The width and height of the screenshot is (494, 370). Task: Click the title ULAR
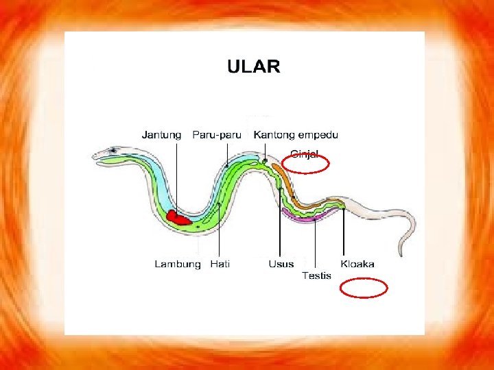pyautogui.click(x=253, y=66)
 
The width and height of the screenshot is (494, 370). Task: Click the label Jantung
pyautogui.click(x=161, y=135)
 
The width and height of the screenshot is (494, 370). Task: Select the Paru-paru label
pyautogui.click(x=217, y=135)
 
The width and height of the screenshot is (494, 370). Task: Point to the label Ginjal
pyautogui.click(x=305, y=154)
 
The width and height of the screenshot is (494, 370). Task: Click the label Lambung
pyautogui.click(x=178, y=264)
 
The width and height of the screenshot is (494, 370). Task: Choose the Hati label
pyautogui.click(x=220, y=264)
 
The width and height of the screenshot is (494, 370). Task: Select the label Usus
pyautogui.click(x=281, y=264)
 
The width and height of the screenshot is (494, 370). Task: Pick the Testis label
pyautogui.click(x=316, y=275)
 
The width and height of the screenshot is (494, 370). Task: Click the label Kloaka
pyautogui.click(x=357, y=264)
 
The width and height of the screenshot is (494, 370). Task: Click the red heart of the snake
pyautogui.click(x=181, y=218)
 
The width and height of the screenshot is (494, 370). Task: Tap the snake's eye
pyautogui.click(x=111, y=150)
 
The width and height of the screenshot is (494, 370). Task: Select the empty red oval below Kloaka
pyautogui.click(x=364, y=288)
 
